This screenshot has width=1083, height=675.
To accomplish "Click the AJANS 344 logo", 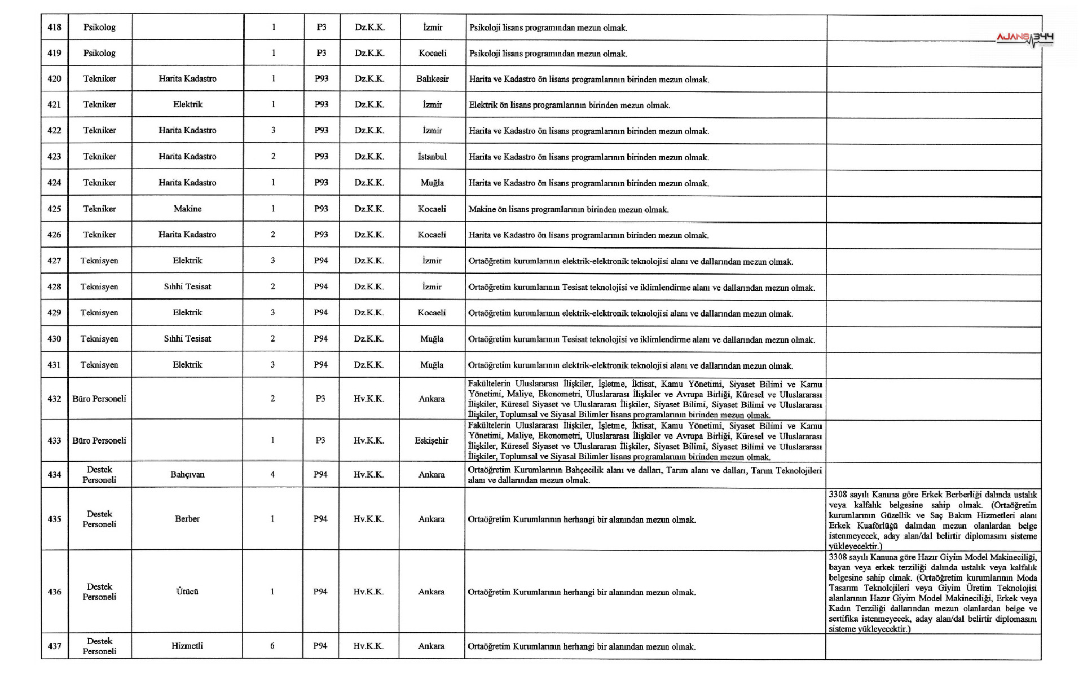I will click(1024, 38).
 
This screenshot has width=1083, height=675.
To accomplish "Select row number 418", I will click(54, 27).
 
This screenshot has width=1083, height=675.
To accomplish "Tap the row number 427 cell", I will click(54, 261).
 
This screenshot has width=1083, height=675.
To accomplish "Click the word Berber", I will click(187, 519).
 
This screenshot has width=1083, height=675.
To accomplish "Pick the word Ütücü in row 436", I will click(187, 592).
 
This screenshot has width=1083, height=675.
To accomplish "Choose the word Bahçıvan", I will click(187, 475).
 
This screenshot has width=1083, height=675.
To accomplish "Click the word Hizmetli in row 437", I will click(187, 646).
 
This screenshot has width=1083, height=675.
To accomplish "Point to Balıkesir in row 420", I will click(433, 79).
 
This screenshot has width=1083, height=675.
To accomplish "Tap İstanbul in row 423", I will click(432, 157).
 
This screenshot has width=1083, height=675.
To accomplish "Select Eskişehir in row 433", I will click(432, 441).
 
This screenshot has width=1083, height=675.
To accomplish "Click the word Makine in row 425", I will click(187, 209).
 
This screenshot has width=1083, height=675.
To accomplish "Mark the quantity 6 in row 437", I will click(272, 646).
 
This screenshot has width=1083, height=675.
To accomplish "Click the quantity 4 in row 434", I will click(272, 475).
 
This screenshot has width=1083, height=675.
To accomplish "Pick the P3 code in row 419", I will click(322, 53).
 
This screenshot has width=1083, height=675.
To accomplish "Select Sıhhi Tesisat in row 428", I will click(187, 286).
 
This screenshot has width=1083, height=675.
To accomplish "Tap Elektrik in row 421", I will click(187, 104).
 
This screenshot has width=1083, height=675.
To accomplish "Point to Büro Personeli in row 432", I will click(99, 399).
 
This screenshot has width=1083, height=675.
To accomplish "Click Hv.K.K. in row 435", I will click(369, 519).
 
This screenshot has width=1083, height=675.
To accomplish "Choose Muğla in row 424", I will click(432, 183).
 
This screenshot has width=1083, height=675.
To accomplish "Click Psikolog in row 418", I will click(99, 27).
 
